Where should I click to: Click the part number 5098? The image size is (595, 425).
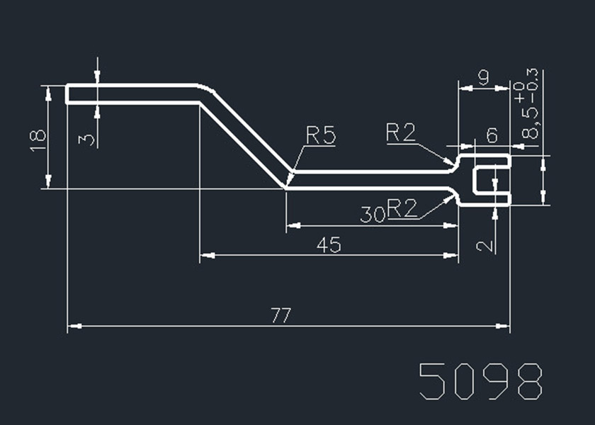pyautogui.click(x=481, y=382)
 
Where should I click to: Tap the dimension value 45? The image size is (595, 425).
pyautogui.click(x=329, y=245)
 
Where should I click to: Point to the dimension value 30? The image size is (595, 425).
pyautogui.click(x=372, y=214)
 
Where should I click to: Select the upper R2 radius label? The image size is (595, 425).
pyautogui.click(x=401, y=132)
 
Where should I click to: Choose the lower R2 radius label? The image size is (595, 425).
pyautogui.click(x=402, y=208)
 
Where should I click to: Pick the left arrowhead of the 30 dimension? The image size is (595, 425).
pyautogui.click(x=290, y=225)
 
